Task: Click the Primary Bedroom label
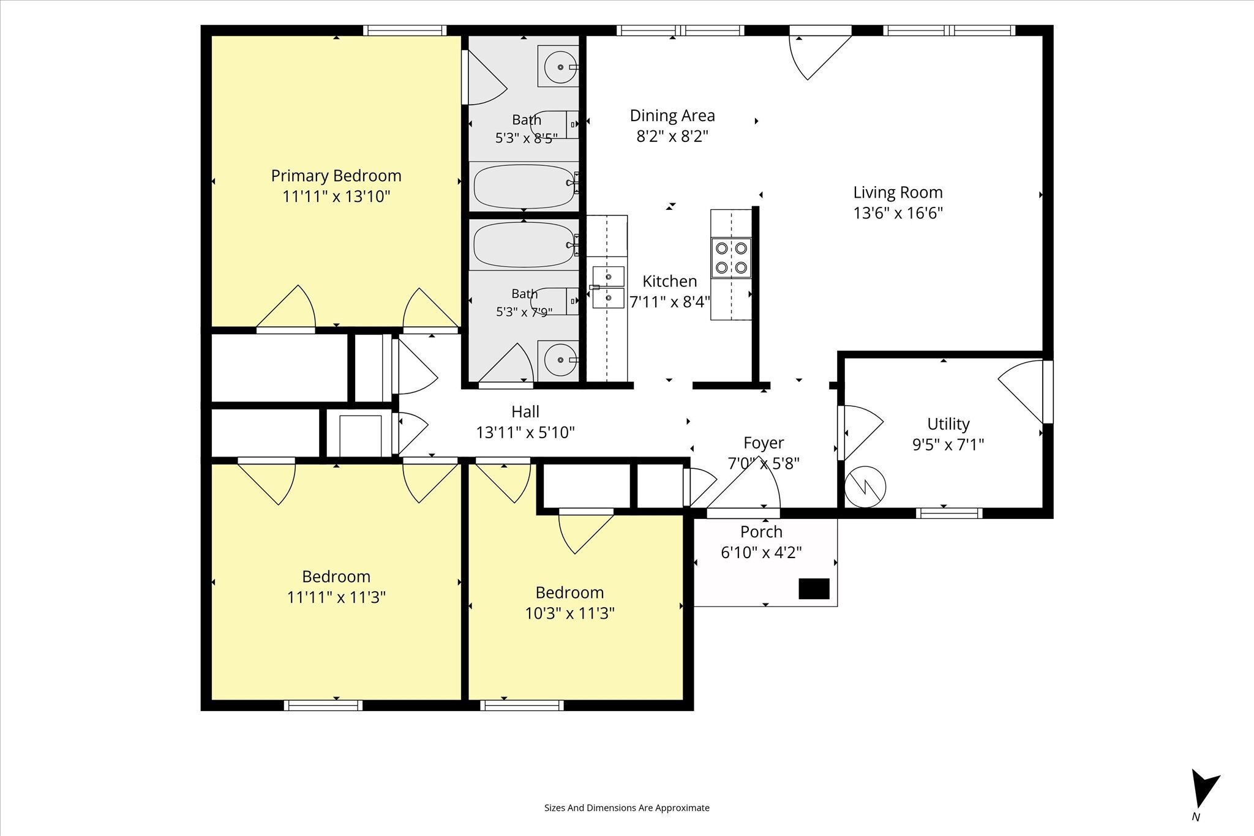click(336, 176)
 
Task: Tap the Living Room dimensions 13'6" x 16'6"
click(898, 213)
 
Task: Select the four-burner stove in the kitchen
click(731, 258)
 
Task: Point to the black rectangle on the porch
click(814, 589)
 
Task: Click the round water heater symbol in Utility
click(865, 487)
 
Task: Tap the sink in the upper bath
click(558, 66)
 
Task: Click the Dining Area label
click(672, 116)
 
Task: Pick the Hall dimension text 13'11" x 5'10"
click(525, 433)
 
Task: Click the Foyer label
click(764, 443)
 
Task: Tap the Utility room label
click(948, 424)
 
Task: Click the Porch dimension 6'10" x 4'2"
click(761, 553)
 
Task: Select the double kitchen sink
click(608, 287)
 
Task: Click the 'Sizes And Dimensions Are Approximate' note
click(627, 808)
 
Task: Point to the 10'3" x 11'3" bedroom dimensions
click(569, 613)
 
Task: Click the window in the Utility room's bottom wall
click(949, 513)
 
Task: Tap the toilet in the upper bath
click(555, 124)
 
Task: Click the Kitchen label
click(670, 282)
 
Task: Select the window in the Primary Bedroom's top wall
click(405, 31)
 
